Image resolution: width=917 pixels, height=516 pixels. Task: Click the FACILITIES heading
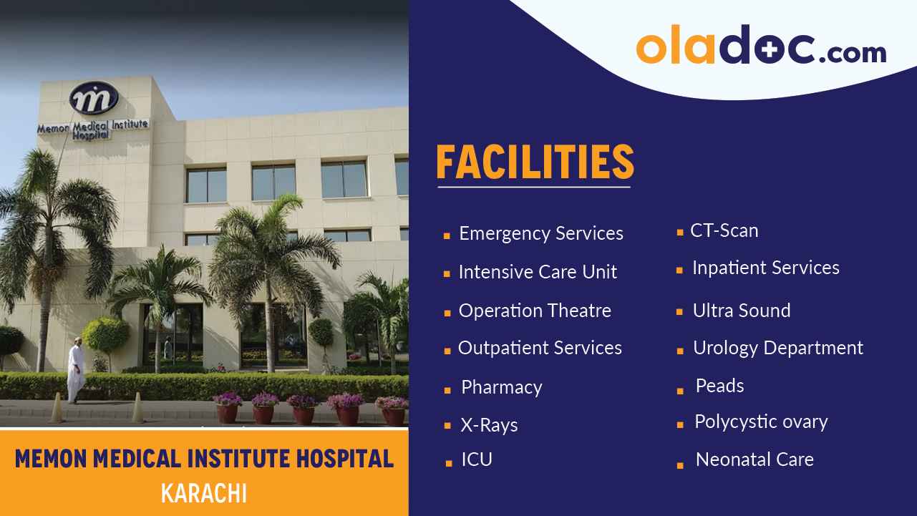(x=535, y=162)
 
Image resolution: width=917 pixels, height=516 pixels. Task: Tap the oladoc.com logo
(x=760, y=47)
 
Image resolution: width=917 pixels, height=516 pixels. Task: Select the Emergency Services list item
(x=540, y=234)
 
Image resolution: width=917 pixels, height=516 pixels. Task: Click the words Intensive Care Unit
(x=537, y=272)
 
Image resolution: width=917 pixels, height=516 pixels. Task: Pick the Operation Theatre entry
(x=534, y=311)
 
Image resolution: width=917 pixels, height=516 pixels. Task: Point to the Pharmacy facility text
(x=501, y=387)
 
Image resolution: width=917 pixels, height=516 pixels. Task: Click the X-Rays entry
(x=489, y=425)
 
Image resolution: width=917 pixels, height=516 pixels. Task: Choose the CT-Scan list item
(x=724, y=230)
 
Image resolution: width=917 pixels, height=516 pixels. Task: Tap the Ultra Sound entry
(x=741, y=311)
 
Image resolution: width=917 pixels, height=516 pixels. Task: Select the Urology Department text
(x=777, y=348)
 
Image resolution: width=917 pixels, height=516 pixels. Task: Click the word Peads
(x=719, y=386)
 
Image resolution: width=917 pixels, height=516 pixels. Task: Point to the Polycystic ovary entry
(x=760, y=422)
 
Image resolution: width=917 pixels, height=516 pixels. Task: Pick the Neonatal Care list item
(x=754, y=459)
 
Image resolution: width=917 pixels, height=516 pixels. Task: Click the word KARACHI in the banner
(x=204, y=494)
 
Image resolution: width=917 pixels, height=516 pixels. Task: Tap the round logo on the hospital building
(x=93, y=98)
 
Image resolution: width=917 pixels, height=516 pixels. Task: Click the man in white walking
(x=76, y=370)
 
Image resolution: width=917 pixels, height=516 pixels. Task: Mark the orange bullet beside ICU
(x=449, y=463)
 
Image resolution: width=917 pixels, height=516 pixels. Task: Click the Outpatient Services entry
(x=539, y=348)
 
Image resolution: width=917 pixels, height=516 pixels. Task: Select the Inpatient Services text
(x=765, y=268)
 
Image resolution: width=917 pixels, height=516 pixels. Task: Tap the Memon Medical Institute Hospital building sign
(x=93, y=129)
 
